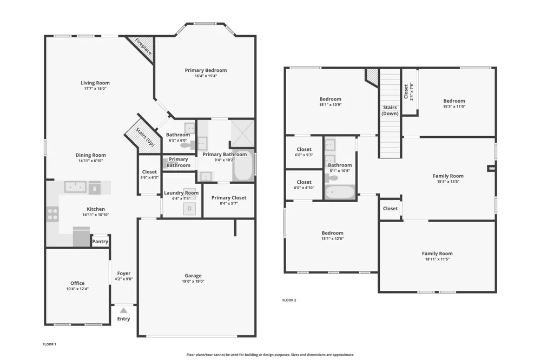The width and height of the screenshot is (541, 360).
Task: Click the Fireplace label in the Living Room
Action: pyautogui.click(x=143, y=46)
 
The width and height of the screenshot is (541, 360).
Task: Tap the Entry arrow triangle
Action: pyautogui.click(x=123, y=311)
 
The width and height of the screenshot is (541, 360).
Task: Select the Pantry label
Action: pyautogui.click(x=100, y=242)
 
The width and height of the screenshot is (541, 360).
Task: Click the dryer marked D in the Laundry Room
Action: pyautogui.click(x=189, y=208)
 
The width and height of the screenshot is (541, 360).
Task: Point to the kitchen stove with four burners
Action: pyautogui.click(x=52, y=214)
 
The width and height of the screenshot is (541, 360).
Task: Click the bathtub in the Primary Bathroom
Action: pyautogui.click(x=243, y=165)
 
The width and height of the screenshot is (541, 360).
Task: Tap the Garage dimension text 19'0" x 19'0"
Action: pyautogui.click(x=193, y=282)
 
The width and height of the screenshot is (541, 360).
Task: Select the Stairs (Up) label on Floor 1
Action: pyautogui.click(x=145, y=137)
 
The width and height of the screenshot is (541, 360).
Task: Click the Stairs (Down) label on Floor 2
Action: pyautogui.click(x=390, y=110)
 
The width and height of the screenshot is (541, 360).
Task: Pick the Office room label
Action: pyautogui.click(x=77, y=283)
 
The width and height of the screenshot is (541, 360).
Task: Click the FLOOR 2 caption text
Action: pyautogui.click(x=289, y=300)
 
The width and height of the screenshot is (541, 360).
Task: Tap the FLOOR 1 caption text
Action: pyautogui.click(x=49, y=344)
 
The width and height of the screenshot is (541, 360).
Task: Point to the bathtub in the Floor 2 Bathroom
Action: pyautogui.click(x=340, y=192)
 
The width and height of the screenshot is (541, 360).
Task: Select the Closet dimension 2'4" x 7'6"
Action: pyautogui.click(x=411, y=91)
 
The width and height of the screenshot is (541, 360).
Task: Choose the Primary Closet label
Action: pyautogui.click(x=229, y=198)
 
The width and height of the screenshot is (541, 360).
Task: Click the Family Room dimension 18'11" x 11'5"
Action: pyautogui.click(x=437, y=259)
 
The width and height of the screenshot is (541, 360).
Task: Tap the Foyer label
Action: pyautogui.click(x=123, y=274)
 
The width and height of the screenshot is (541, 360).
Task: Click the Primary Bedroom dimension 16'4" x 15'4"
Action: pyautogui.click(x=206, y=76)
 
